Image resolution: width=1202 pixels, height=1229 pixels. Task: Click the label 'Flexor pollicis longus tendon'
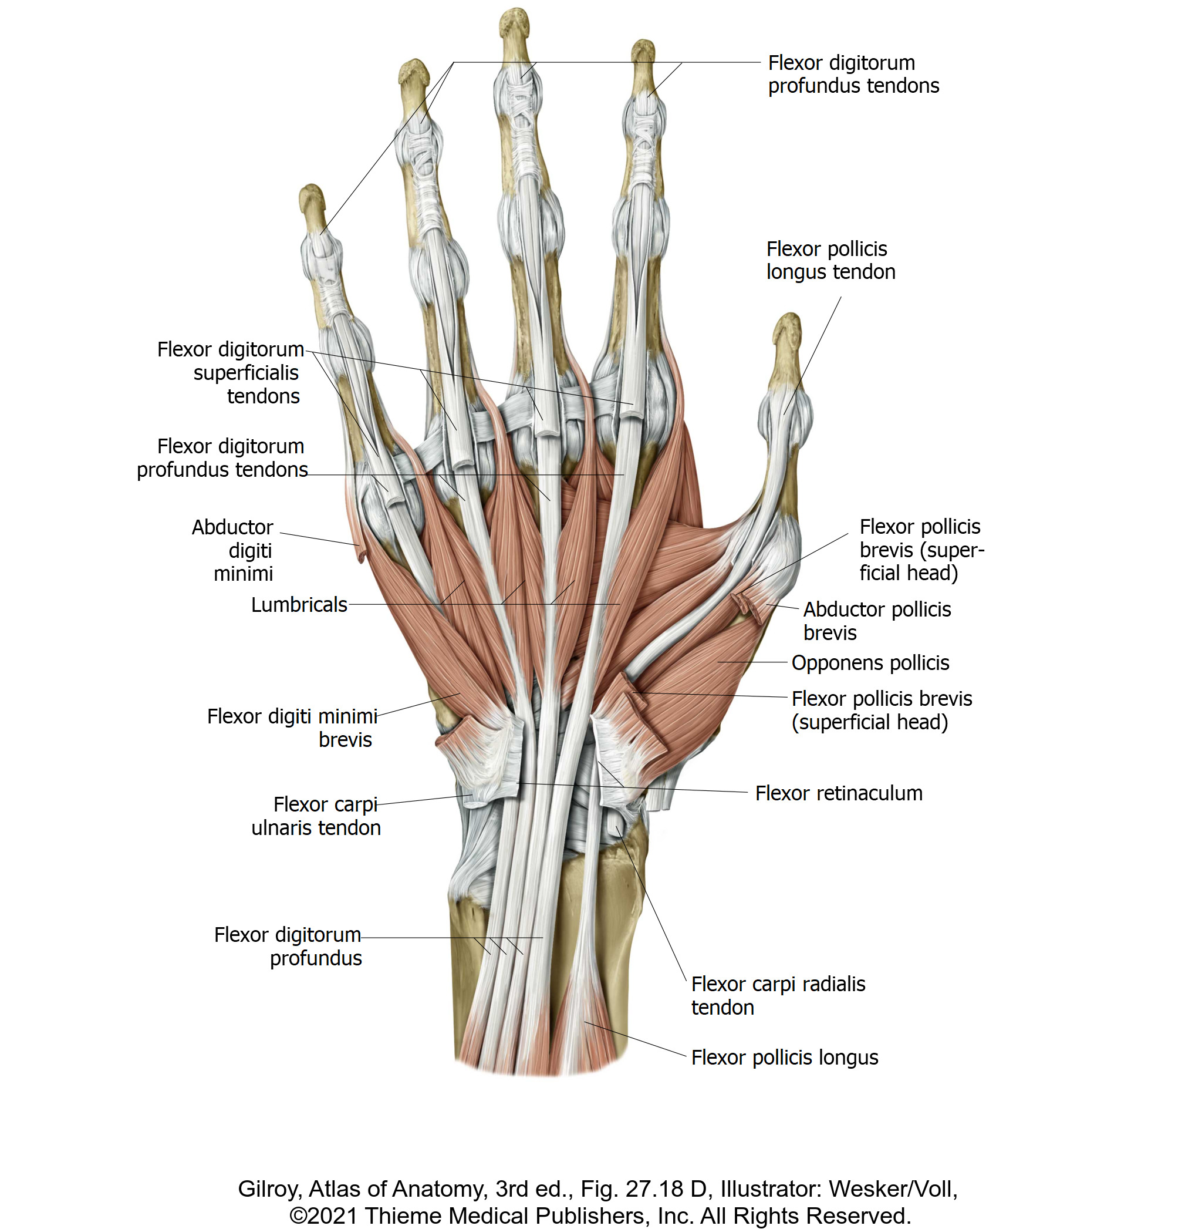click(x=830, y=260)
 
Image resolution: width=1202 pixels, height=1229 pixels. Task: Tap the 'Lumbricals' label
click(x=299, y=604)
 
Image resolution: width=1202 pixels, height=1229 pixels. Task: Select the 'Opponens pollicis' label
click(x=870, y=662)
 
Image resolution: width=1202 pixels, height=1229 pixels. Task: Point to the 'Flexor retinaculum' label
click(x=838, y=793)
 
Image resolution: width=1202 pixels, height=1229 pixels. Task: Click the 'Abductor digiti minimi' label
click(x=233, y=550)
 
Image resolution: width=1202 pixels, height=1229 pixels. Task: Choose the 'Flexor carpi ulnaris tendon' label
click(x=316, y=816)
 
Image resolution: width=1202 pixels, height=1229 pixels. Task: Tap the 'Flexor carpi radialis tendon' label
click(x=778, y=995)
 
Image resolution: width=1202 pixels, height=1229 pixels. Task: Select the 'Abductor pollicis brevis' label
click(x=876, y=621)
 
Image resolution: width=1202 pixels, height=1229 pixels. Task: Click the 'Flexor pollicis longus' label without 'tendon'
click(x=784, y=1057)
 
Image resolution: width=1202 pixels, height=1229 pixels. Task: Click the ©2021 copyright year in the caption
click(x=323, y=1215)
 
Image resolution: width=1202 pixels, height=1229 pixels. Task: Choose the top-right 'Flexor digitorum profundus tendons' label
click(x=853, y=74)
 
